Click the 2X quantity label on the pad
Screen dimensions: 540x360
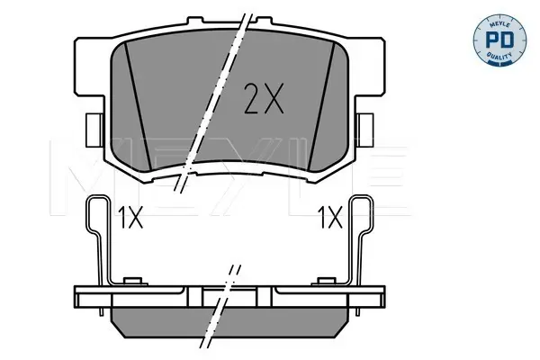(264, 98)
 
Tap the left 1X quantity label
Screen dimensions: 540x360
(130, 218)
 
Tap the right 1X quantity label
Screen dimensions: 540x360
(330, 218)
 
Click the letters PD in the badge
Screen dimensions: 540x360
(499, 40)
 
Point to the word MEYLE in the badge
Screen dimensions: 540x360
(499, 24)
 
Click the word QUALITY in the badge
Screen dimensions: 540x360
(499, 56)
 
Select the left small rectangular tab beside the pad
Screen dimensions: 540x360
(94, 130)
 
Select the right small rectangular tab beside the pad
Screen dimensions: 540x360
(365, 130)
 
